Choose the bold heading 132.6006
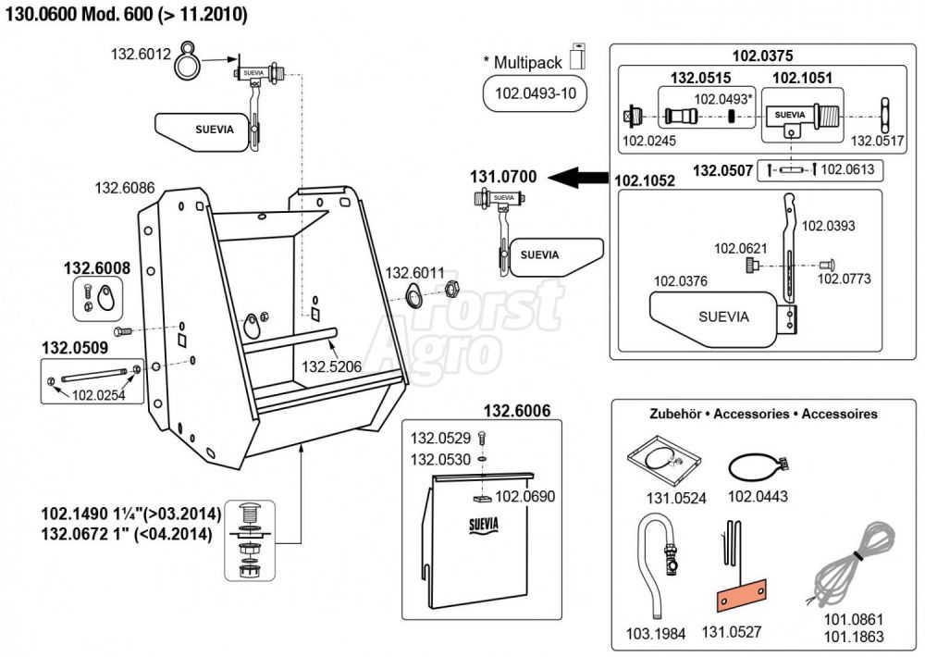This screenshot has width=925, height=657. (x=518, y=410)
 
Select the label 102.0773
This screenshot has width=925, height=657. (x=844, y=279)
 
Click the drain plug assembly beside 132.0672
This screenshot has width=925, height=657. (x=252, y=540)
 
